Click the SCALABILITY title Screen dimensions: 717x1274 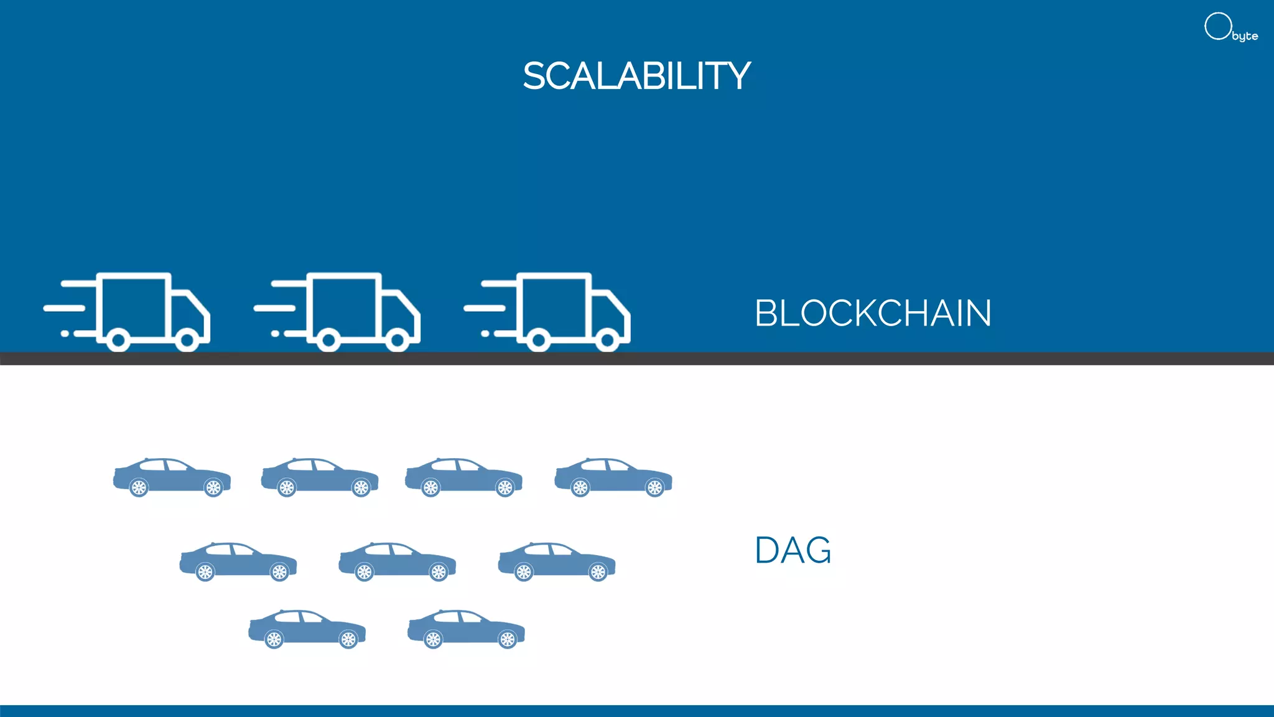[636, 76]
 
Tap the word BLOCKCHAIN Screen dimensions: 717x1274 [872, 313]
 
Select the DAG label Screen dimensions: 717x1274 [793, 550]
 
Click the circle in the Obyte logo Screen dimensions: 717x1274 [1217, 26]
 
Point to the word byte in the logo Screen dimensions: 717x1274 [1245, 36]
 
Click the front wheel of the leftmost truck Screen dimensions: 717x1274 [187, 340]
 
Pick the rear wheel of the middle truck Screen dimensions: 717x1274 [328, 340]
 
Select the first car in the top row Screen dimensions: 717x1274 [172, 477]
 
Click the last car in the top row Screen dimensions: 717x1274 [613, 477]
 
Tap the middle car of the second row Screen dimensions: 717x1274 [397, 561]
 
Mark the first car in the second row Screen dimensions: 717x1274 [238, 561]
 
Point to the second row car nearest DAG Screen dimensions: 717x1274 [556, 561]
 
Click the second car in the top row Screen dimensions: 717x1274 [319, 477]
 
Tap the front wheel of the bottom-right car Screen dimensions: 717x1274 [508, 639]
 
